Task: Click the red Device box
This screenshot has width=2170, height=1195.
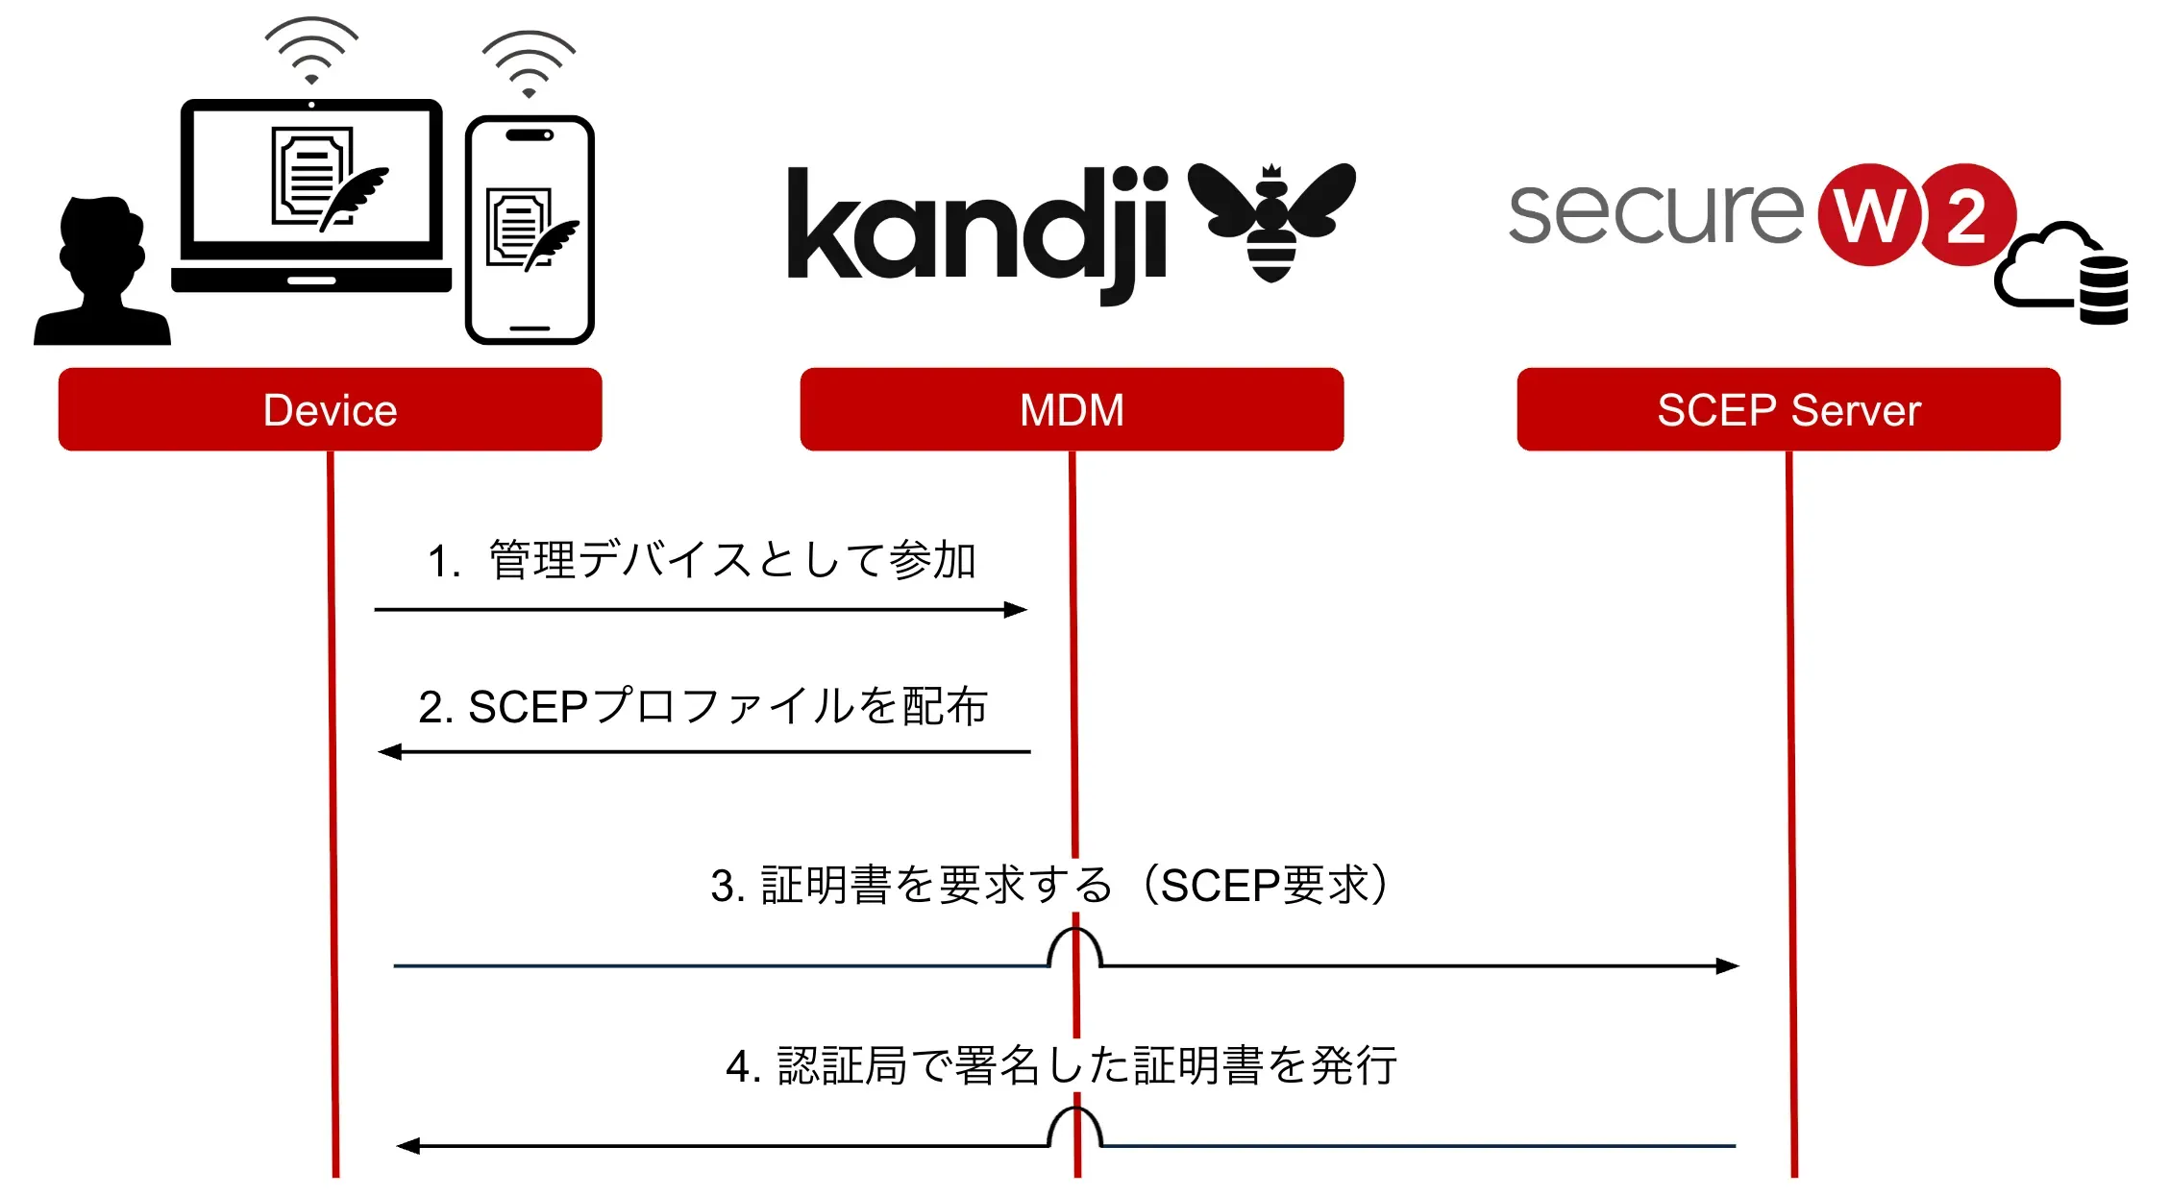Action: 330,409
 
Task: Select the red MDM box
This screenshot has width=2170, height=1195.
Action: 1072,409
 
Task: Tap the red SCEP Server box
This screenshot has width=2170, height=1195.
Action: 1788,409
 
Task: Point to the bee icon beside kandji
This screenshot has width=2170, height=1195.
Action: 1271,221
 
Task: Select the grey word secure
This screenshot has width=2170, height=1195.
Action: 1655,213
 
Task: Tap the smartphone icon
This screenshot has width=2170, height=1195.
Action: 530,231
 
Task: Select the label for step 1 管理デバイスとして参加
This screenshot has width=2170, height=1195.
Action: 702,560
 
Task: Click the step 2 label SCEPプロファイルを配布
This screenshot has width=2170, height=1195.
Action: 703,707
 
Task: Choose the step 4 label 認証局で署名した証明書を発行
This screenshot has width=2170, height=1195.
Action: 1061,1065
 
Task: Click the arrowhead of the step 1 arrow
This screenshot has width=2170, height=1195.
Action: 1016,610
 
